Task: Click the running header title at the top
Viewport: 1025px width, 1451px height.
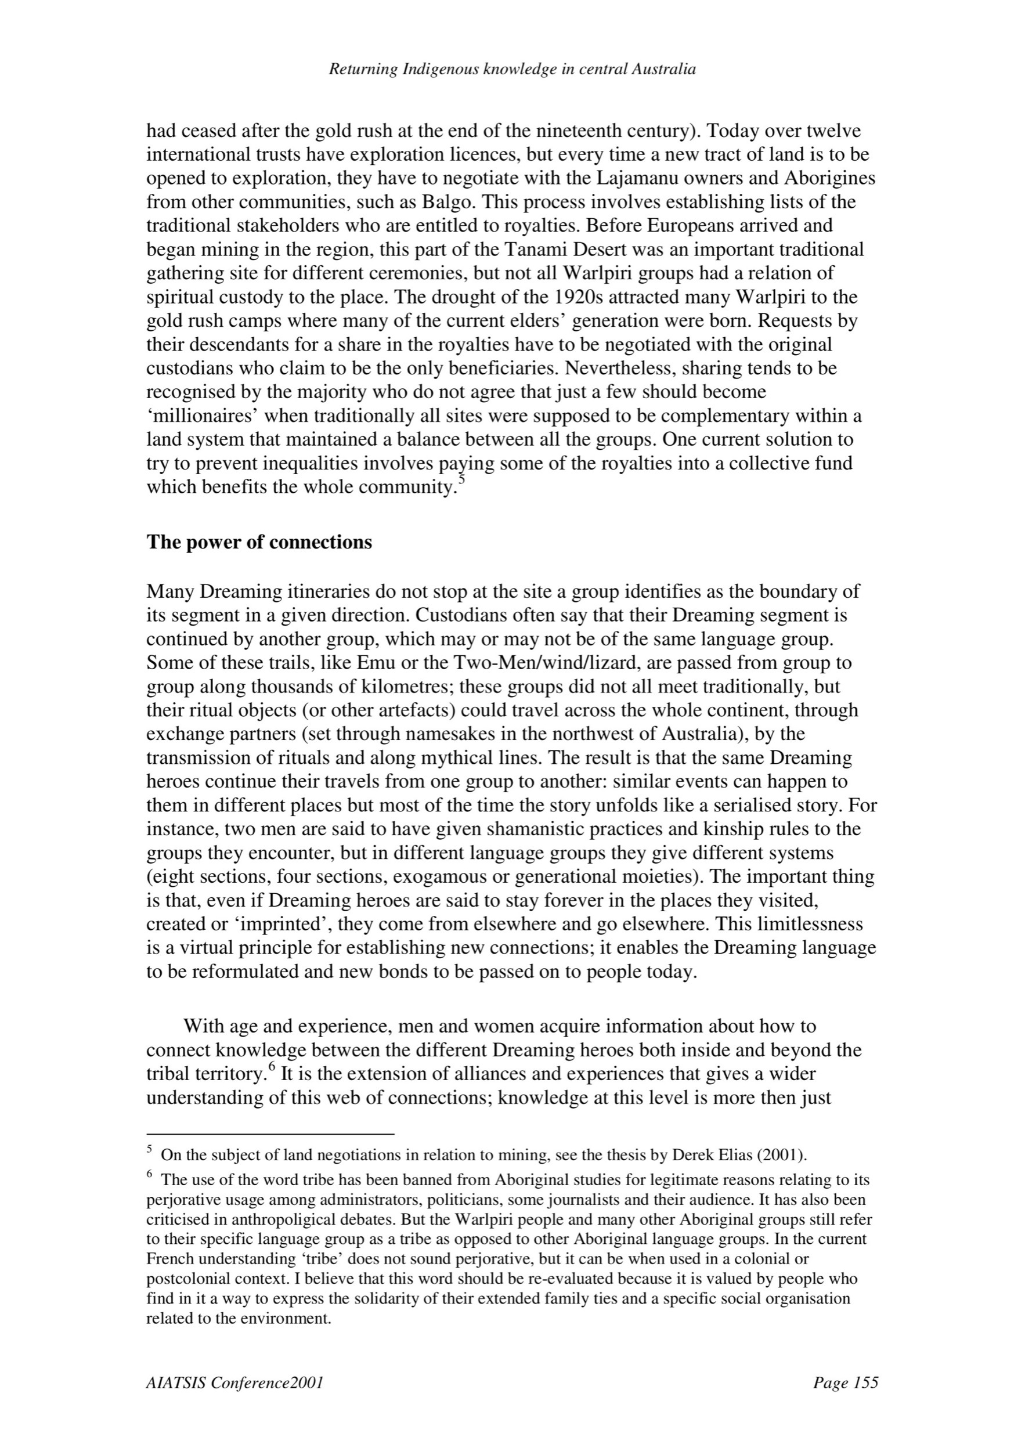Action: click(x=512, y=70)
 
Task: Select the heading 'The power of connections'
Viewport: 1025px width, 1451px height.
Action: click(x=259, y=542)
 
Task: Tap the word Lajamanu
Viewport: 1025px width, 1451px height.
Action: click(x=638, y=178)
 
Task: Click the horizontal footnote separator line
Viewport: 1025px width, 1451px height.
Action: click(x=270, y=1134)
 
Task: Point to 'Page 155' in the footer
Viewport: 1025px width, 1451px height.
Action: click(x=846, y=1383)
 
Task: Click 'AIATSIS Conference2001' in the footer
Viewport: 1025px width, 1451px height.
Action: click(x=234, y=1383)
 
